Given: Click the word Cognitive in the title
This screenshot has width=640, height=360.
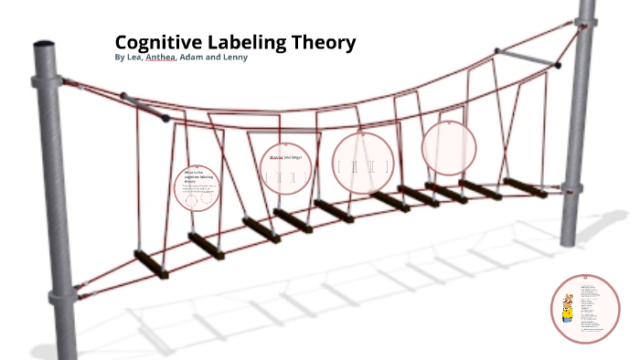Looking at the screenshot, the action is (x=157, y=42).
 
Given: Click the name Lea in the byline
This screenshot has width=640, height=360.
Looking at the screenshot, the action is (x=137, y=58).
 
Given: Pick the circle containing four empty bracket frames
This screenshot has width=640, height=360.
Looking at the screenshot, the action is (x=362, y=164).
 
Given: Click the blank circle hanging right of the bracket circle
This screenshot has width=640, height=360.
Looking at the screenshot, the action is (x=449, y=147).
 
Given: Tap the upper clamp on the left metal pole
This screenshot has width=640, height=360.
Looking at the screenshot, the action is (x=46, y=80).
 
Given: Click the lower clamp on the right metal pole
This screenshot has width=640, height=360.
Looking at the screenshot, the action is (x=572, y=189).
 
